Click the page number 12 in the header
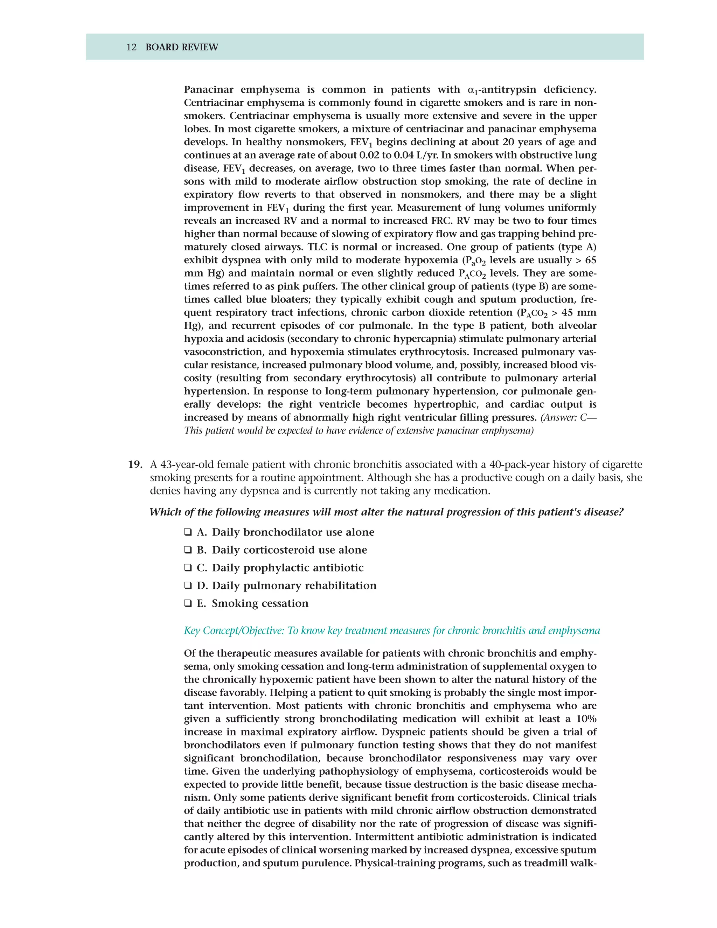click(131, 47)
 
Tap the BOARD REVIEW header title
click(182, 47)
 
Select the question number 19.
click(135, 464)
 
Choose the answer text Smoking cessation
click(260, 603)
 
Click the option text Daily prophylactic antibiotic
click(287, 568)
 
